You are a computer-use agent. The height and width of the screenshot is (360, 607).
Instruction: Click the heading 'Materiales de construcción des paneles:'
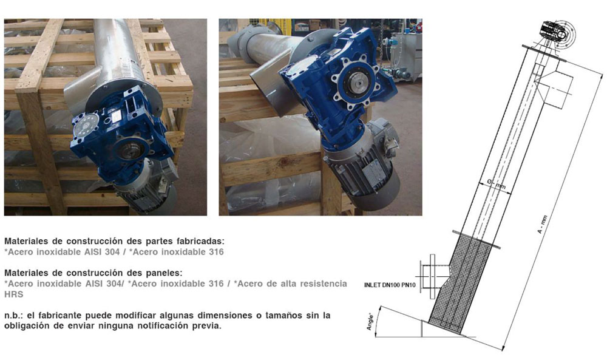tap(93, 273)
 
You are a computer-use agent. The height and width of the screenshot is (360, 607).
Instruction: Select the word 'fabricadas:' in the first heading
tap(200, 241)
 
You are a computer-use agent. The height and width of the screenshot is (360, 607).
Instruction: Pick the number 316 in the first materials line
tap(216, 251)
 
